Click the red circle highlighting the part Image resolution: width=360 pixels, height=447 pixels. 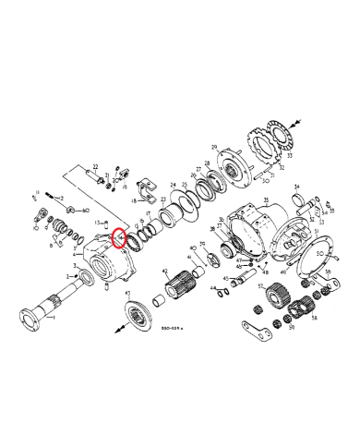[118, 240]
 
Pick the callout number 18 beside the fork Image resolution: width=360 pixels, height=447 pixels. [133, 200]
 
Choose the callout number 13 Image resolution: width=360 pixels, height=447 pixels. [95, 223]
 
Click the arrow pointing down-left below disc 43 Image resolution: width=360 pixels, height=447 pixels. [121, 329]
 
